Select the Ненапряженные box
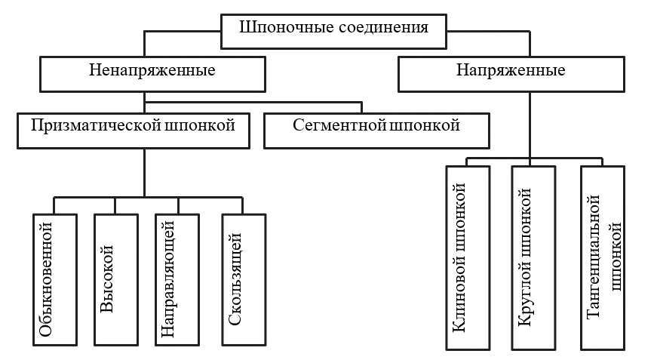click(x=152, y=73)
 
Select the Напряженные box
click(x=511, y=73)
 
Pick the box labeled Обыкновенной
click(x=54, y=280)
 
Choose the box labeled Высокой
click(x=115, y=280)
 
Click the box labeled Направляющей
click(x=179, y=280)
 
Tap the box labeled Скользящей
click(x=243, y=280)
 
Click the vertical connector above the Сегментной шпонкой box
click(x=362, y=107)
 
